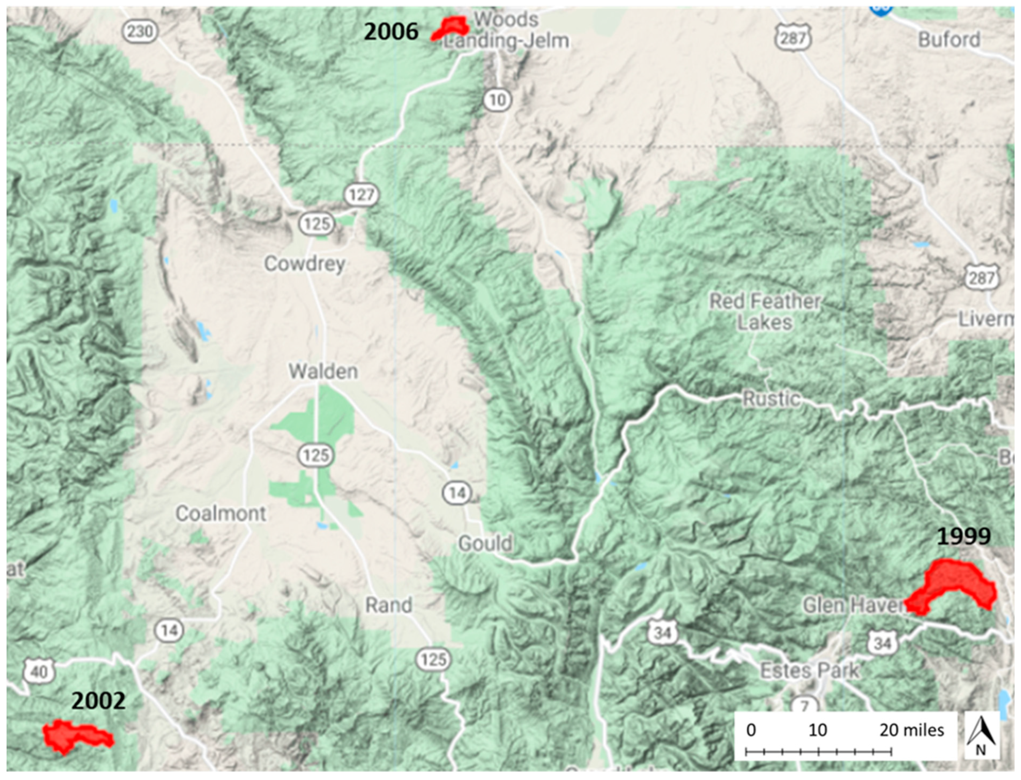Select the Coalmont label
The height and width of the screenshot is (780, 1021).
pyautogui.click(x=221, y=513)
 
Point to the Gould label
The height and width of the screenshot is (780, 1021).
pyautogui.click(x=485, y=543)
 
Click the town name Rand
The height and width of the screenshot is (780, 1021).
pyautogui.click(x=389, y=605)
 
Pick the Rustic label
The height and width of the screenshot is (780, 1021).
pyautogui.click(x=771, y=399)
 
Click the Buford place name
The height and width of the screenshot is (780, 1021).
pyautogui.click(x=949, y=40)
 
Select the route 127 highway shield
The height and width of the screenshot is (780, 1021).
pyautogui.click(x=361, y=195)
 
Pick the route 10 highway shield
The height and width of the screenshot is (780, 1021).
pyautogui.click(x=498, y=100)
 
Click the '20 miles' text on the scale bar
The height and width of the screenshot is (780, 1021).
pyautogui.click(x=911, y=730)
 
